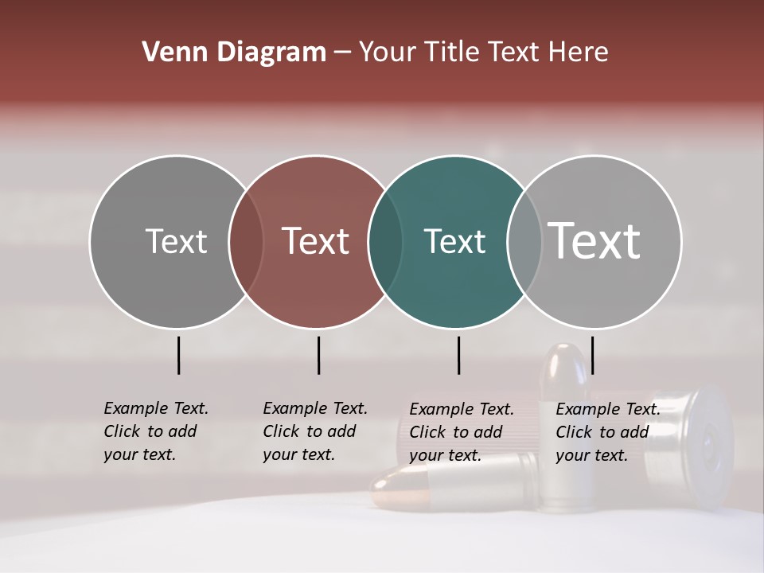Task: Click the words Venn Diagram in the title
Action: (x=234, y=53)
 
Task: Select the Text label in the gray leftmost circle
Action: (x=176, y=241)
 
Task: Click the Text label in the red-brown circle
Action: (x=316, y=241)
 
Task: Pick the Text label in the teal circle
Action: (x=454, y=241)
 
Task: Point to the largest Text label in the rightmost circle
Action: (x=594, y=240)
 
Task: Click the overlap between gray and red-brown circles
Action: (x=246, y=241)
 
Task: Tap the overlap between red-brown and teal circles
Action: (x=385, y=241)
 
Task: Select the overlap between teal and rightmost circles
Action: (x=524, y=241)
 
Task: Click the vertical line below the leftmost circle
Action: (x=179, y=355)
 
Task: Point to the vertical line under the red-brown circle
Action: (x=318, y=355)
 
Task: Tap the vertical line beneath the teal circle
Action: (x=459, y=355)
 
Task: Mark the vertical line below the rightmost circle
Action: (x=593, y=355)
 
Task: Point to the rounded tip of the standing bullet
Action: (x=563, y=357)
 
